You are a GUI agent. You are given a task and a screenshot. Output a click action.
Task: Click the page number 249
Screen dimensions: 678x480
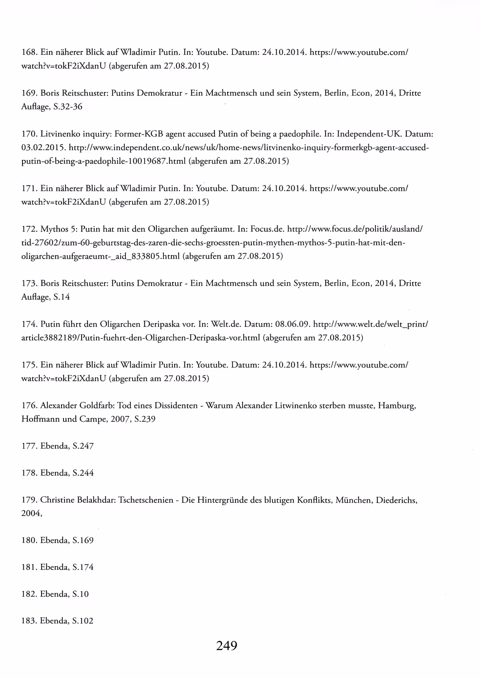[x=226, y=646]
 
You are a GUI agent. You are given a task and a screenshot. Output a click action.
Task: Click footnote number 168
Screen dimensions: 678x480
[x=29, y=52]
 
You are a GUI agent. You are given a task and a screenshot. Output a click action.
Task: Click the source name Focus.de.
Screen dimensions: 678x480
[x=267, y=229]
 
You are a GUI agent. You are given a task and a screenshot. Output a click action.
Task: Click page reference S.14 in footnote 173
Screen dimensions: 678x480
[x=61, y=297]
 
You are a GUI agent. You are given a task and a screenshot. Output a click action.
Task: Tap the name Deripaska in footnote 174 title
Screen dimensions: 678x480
[x=161, y=324]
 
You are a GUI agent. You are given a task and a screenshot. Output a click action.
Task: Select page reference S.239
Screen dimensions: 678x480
[x=144, y=419]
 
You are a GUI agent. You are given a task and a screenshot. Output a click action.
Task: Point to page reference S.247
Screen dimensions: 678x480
[x=83, y=446]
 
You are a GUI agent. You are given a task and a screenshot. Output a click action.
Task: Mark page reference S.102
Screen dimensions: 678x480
[x=82, y=621]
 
